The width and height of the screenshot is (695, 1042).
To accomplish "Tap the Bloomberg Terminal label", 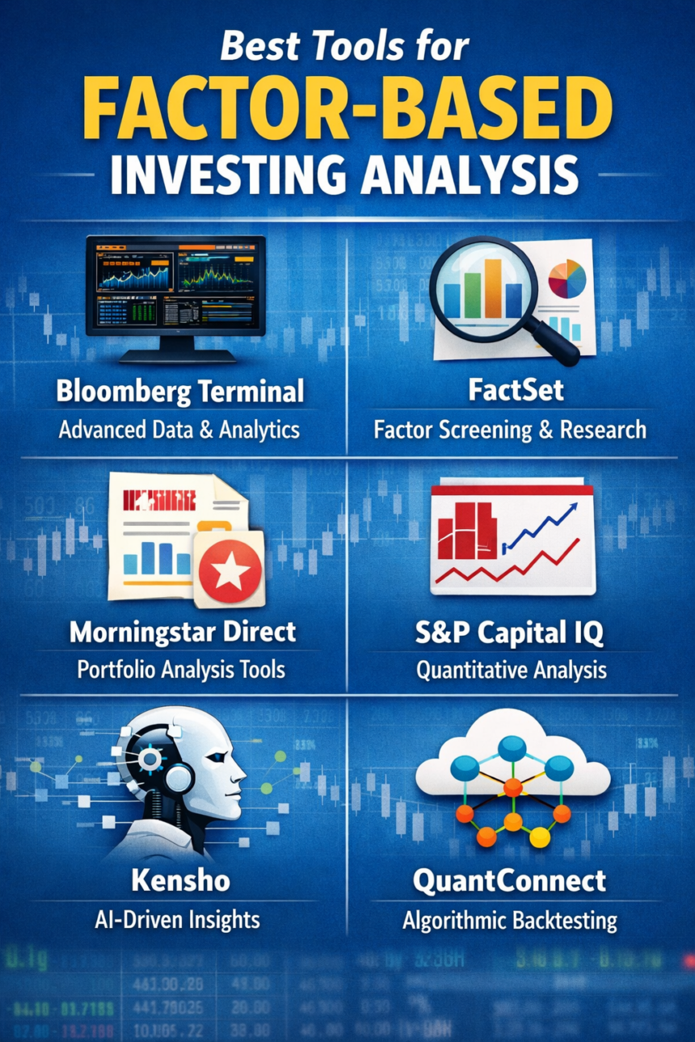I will (179, 393).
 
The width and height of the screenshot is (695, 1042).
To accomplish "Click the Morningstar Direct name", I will (183, 632).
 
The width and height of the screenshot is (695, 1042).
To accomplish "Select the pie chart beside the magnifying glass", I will (567, 279).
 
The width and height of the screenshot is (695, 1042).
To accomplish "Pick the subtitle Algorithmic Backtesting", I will (509, 920).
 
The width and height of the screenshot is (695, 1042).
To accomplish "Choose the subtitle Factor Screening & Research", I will (509, 429).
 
